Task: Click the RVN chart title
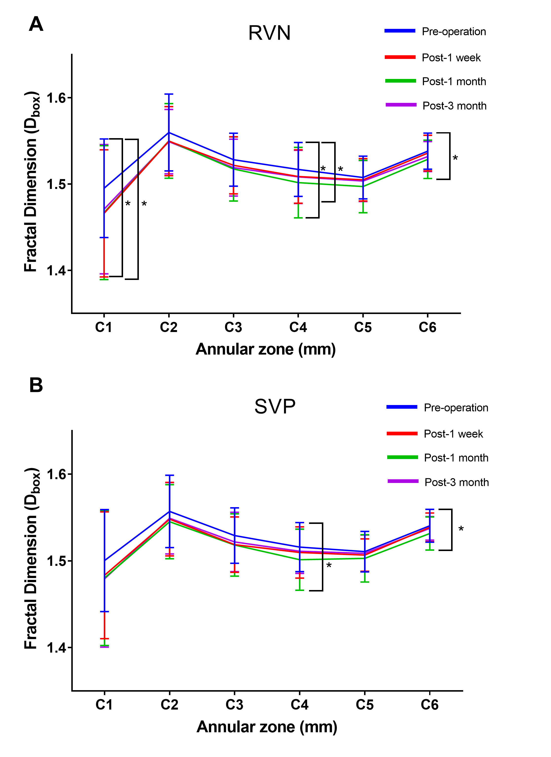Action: point(269,33)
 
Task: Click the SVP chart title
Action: point(275,406)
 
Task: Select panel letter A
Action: point(36,24)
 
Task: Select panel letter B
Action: point(36,385)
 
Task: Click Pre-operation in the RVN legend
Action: point(454,32)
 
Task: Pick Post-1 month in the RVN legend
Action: point(454,81)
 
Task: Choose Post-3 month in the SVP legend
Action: point(456,482)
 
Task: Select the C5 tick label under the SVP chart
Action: point(365,705)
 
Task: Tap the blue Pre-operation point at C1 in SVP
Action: point(105,560)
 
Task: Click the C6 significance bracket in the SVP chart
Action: point(452,530)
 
